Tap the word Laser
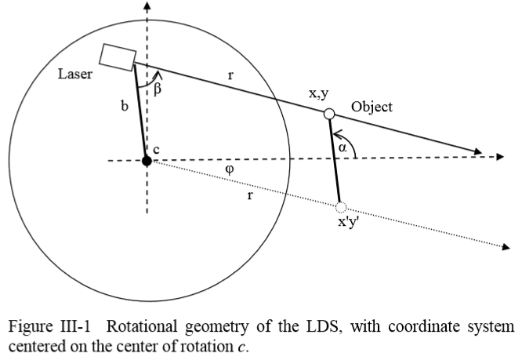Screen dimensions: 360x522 (75, 75)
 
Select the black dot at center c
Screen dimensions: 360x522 (147, 161)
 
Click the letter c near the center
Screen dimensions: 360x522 (156, 150)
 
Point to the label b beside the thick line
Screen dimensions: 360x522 (124, 106)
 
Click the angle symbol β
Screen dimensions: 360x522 (157, 89)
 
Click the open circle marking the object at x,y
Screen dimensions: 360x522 (330, 115)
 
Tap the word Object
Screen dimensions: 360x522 (372, 107)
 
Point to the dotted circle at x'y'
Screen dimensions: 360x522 (340, 208)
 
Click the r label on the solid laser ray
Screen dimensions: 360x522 (230, 78)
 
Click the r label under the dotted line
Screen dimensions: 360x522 (250, 195)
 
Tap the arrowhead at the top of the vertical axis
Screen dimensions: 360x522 (147, 6)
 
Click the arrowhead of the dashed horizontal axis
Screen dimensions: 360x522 (498, 157)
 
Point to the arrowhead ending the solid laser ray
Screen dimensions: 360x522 (475, 151)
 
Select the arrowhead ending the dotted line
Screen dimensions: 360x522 (506, 249)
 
